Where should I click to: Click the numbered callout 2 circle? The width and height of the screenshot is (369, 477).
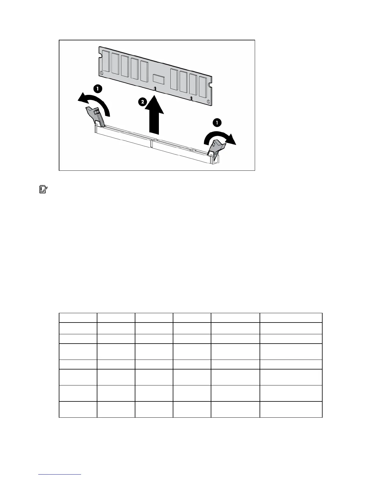pyautogui.click(x=142, y=102)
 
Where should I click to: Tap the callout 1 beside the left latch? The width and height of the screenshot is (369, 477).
pyautogui.click(x=98, y=89)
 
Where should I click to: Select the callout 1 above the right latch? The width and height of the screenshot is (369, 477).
pyautogui.click(x=216, y=122)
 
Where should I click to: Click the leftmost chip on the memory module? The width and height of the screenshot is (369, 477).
pyautogui.click(x=106, y=61)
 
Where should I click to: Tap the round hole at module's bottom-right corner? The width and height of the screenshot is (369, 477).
pyautogui.click(x=208, y=101)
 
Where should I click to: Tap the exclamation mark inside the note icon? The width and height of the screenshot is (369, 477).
pyautogui.click(x=42, y=190)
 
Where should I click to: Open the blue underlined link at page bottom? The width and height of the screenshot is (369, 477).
pyautogui.click(x=60, y=475)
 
